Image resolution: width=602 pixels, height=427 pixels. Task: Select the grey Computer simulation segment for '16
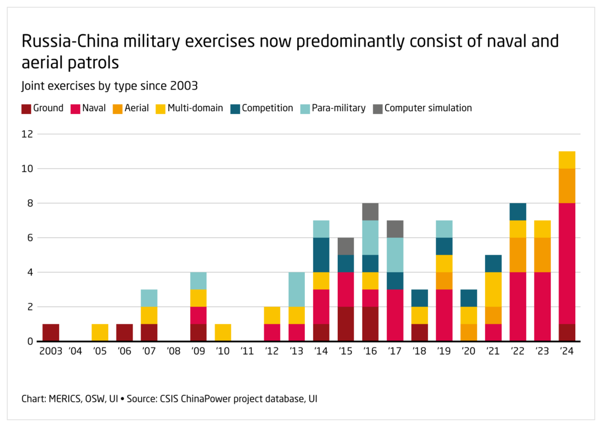[x=370, y=212]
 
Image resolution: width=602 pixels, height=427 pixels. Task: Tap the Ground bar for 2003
[x=51, y=332]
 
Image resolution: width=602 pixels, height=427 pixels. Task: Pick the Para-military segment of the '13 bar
[x=296, y=289]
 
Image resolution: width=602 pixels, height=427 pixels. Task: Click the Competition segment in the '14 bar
[x=321, y=255]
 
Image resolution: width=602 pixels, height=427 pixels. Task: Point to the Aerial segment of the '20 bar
[x=468, y=332]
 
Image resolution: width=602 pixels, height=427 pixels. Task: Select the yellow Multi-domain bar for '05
[x=100, y=332]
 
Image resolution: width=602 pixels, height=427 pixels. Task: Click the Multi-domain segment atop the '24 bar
[x=566, y=160]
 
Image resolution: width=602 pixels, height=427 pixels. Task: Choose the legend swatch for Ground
[x=26, y=109]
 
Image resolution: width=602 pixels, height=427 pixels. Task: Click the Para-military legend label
[x=343, y=108]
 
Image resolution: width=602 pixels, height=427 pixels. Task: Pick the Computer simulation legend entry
[x=428, y=108]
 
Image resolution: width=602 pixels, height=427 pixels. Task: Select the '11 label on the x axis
[x=247, y=352]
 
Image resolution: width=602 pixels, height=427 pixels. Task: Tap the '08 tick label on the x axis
[x=173, y=352]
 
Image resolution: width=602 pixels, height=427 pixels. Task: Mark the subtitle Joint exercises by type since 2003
[x=110, y=86]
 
